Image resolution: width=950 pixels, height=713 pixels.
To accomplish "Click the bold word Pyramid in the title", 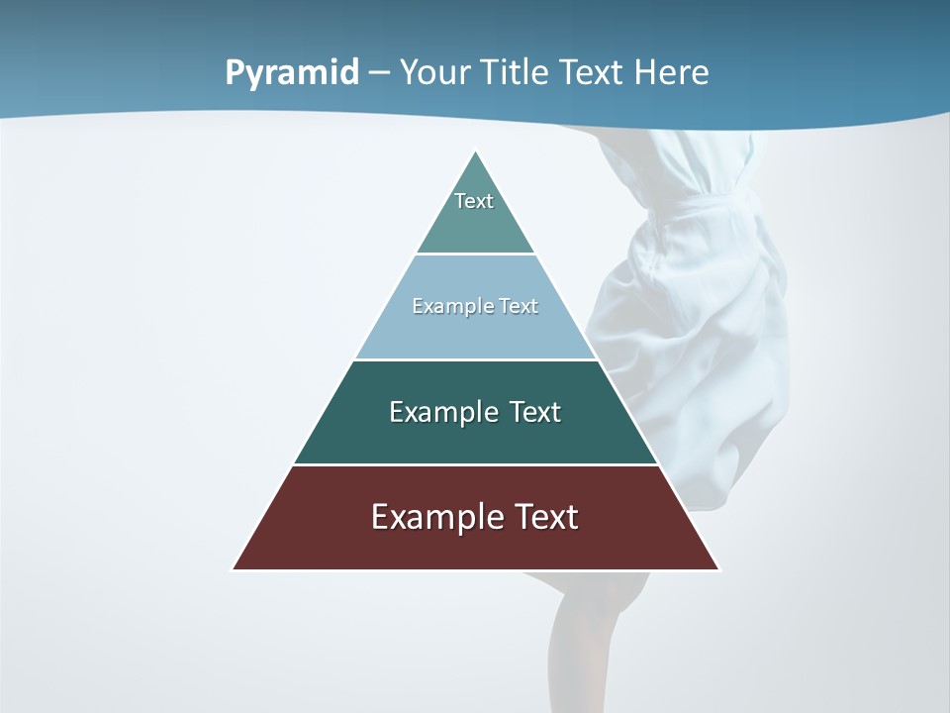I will [291, 73].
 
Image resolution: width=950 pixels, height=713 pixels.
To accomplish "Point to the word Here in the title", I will [671, 73].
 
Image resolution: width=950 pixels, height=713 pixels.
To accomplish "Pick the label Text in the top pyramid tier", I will [474, 201].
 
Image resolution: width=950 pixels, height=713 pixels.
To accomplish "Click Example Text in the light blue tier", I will [475, 306].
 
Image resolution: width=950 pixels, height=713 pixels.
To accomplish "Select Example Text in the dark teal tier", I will [475, 412].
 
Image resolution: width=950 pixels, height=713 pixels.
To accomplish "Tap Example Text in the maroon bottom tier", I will [475, 517].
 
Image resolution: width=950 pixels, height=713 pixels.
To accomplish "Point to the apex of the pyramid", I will [476, 153].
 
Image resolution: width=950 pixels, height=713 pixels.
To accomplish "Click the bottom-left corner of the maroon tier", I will [234, 568].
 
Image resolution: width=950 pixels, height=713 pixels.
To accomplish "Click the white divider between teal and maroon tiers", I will [475, 464].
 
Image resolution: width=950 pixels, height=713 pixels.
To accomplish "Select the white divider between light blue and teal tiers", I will [475, 359].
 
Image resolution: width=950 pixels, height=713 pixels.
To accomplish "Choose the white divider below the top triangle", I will [475, 254].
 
